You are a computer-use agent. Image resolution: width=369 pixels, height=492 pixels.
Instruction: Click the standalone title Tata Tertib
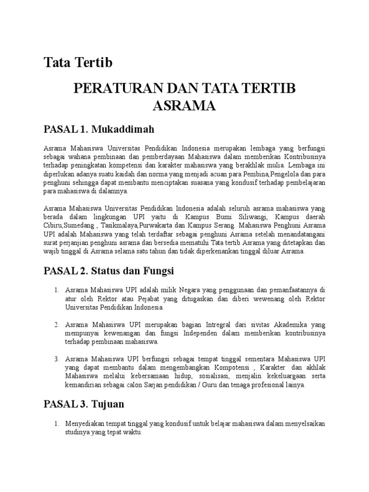coord(78,62)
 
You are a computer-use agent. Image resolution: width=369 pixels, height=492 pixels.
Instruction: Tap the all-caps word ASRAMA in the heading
coord(184,106)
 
